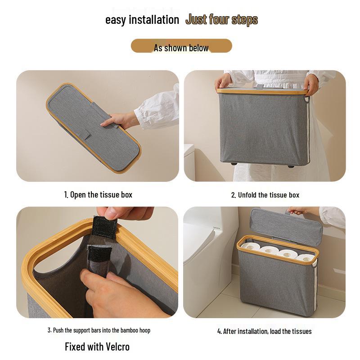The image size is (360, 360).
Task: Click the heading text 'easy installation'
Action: [x=142, y=20]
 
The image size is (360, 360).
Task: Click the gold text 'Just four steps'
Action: [x=221, y=20]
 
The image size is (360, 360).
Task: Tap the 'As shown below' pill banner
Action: [x=181, y=46]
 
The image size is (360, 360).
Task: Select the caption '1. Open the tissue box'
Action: [x=98, y=195]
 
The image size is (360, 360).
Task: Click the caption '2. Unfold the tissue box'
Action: [x=265, y=195]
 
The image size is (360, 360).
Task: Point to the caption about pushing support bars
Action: [x=99, y=330]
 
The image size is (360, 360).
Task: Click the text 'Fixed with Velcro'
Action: [x=97, y=346]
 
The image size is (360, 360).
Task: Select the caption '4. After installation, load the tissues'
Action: [x=265, y=331]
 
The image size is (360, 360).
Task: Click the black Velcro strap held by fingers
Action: [x=104, y=227]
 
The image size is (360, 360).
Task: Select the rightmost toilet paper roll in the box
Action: [x=306, y=257]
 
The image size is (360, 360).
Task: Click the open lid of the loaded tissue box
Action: [x=286, y=225]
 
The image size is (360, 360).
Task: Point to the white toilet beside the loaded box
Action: [x=209, y=261]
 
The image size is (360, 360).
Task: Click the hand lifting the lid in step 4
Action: [x=297, y=210]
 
